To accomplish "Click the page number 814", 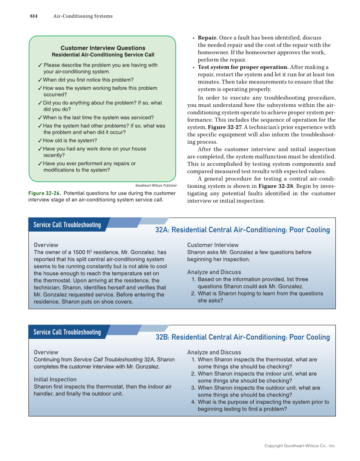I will coord(34,16).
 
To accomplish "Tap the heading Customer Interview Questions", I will coord(103,48).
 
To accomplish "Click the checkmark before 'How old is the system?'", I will coord(39,141).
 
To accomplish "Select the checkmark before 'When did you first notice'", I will coord(39,80).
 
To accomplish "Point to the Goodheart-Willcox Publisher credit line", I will coord(156,185).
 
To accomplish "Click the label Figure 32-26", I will coord(44,193).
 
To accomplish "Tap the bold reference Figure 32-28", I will coord(274,186).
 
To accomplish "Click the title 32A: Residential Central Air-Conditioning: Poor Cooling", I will coord(242,230).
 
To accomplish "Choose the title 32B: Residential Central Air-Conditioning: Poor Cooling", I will coord(242,337).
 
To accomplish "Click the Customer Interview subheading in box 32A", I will coord(213,245).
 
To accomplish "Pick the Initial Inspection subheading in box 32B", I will coord(55,380).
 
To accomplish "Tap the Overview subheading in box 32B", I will coord(46,352).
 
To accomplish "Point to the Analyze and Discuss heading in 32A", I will coord(214,272).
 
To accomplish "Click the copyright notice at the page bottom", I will coord(300,446).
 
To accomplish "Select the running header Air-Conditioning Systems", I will coord(83,16).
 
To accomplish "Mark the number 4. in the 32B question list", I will coord(194,402).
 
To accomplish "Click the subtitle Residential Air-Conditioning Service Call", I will coord(103,55).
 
